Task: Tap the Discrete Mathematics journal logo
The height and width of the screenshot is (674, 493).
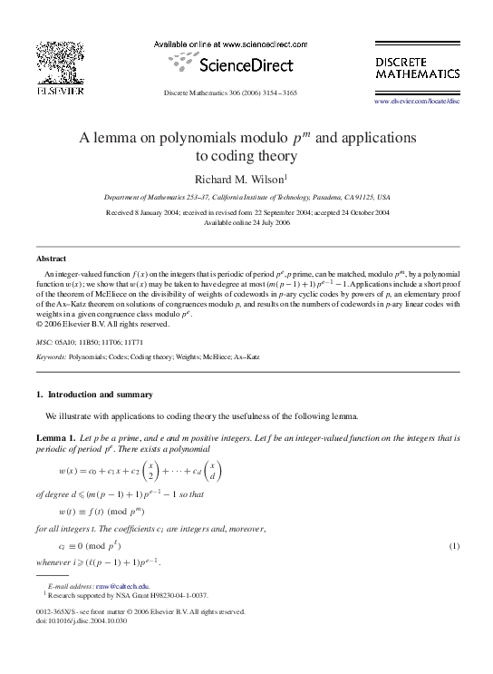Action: [417, 65]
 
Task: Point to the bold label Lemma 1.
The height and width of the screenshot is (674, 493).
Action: [55, 437]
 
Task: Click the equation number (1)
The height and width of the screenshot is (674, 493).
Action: [455, 545]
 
